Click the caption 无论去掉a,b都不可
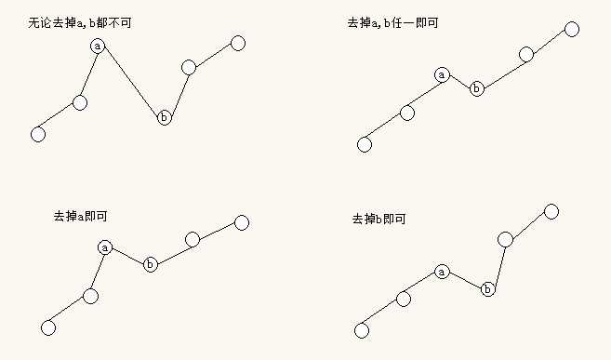tap(80, 20)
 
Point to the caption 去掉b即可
tap(379, 219)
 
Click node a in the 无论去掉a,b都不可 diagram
tap(99, 46)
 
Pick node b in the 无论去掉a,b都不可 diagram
tap(165, 117)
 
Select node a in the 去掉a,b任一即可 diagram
tap(442, 74)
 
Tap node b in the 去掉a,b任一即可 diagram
tap(477, 88)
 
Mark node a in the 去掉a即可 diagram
tap(105, 247)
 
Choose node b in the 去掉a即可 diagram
tap(151, 265)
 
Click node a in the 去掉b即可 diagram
tap(442, 272)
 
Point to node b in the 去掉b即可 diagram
tap(488, 289)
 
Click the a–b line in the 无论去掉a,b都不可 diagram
tap(131, 82)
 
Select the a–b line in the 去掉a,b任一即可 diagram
tap(459, 82)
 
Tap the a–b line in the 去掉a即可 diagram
tap(127, 256)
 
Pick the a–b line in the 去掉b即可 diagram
tap(465, 280)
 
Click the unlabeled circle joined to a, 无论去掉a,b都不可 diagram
tap(80, 102)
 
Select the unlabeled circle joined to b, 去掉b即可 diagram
tap(506, 240)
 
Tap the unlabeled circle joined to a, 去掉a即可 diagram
tap(90, 296)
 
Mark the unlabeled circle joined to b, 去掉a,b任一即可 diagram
tap(526, 54)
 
